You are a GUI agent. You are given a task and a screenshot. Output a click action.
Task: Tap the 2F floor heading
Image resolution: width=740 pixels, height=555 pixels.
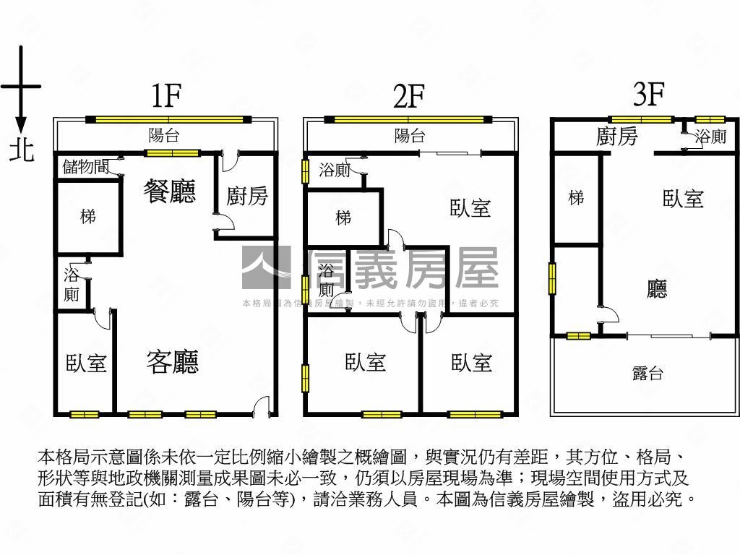pos(408,96)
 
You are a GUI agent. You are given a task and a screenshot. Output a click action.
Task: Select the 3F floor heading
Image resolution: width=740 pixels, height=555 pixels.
pos(648,94)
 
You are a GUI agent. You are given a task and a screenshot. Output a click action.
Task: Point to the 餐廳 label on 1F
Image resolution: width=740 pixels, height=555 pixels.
pos(170,192)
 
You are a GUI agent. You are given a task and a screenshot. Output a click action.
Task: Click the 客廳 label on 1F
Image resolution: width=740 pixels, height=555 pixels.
pos(172,361)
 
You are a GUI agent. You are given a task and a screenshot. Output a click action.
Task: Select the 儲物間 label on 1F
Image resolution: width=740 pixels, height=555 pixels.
pos(86,168)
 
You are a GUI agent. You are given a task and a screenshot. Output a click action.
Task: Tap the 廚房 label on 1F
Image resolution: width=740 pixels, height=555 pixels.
pos(247,195)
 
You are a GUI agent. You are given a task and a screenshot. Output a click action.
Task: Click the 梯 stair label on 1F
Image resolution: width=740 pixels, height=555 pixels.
pos(87,215)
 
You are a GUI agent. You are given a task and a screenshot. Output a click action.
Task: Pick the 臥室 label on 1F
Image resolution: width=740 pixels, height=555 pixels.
pos(86,363)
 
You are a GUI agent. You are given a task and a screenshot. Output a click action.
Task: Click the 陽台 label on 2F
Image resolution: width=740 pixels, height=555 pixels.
pos(410,135)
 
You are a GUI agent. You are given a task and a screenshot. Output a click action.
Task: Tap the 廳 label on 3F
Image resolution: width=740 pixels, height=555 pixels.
pos(657,290)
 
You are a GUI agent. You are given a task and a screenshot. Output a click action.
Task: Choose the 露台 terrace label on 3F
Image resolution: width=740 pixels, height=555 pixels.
pos(647,374)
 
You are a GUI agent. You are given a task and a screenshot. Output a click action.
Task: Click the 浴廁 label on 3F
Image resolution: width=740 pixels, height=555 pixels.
pos(711,136)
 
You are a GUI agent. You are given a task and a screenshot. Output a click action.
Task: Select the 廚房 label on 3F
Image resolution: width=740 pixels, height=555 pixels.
pos(617,136)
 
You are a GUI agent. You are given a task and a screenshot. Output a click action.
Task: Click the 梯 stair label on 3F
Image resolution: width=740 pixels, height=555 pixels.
pos(576,197)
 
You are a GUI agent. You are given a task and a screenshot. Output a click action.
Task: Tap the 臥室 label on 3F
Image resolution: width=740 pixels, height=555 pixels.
pos(683,198)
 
